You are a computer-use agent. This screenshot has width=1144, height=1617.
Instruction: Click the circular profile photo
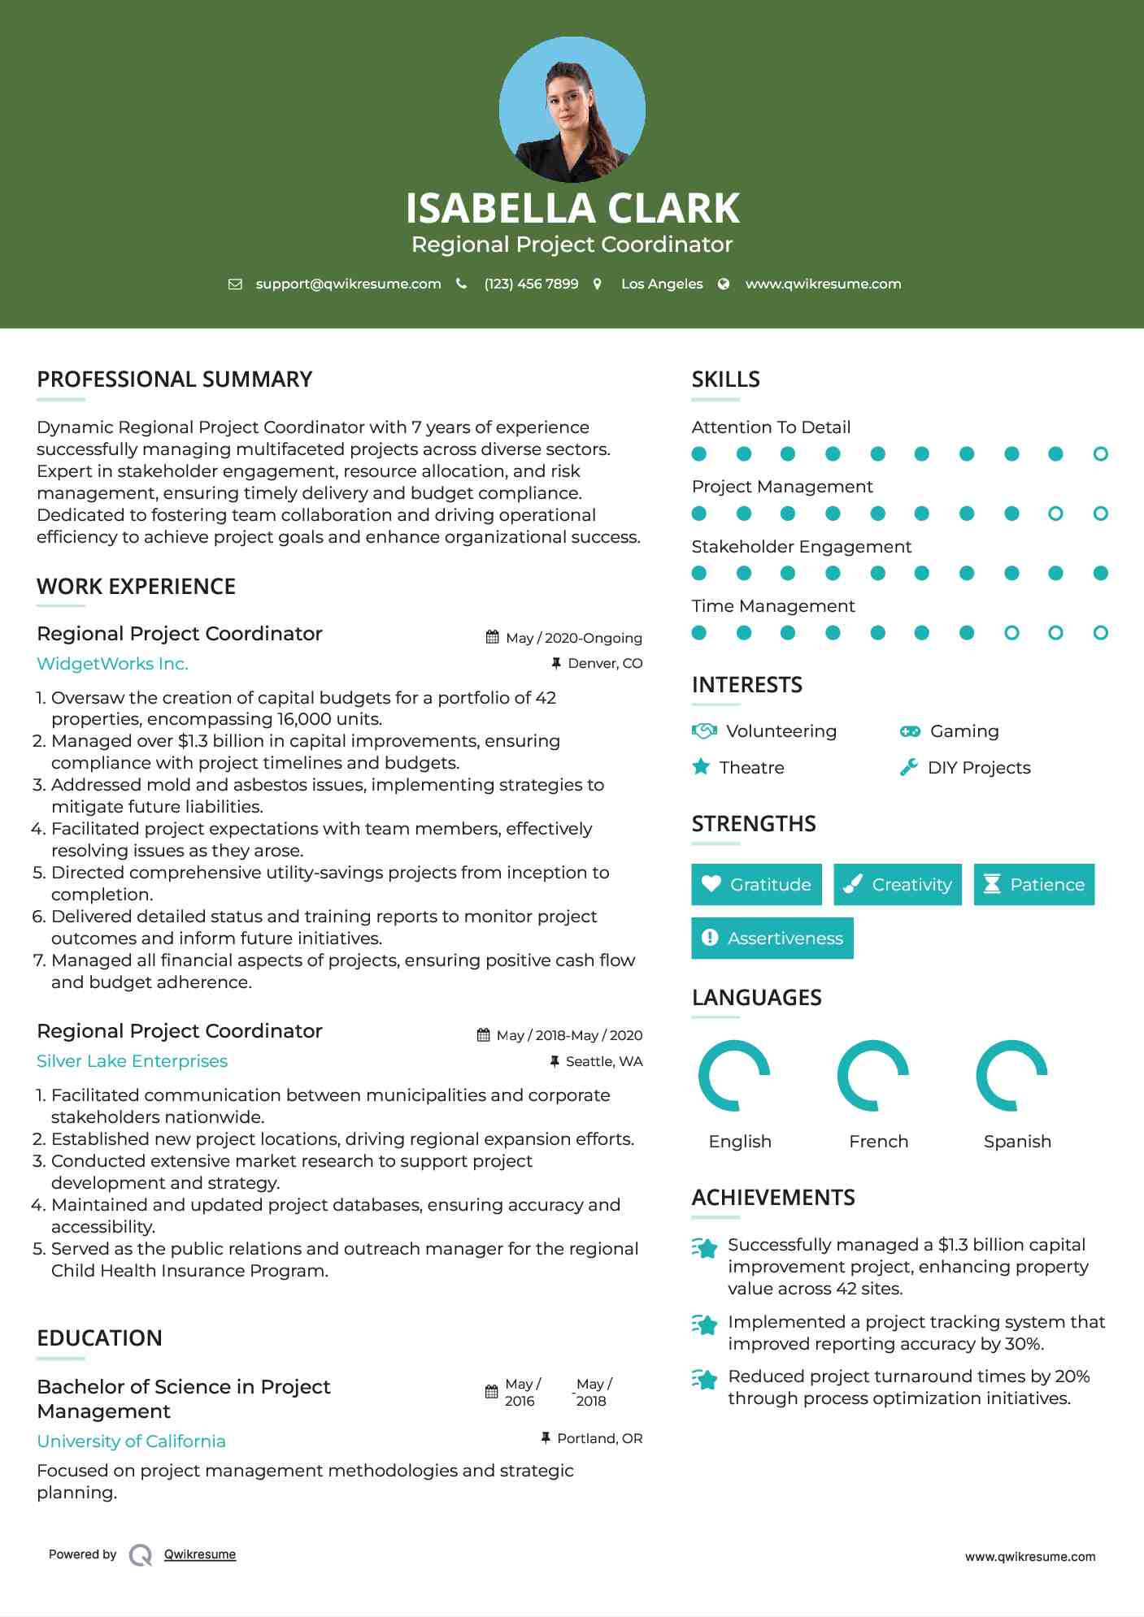572,110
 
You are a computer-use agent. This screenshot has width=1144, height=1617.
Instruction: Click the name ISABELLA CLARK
572,208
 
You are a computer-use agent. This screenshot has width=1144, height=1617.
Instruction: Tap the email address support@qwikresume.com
348,284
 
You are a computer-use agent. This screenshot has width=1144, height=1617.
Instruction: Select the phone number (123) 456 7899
531,284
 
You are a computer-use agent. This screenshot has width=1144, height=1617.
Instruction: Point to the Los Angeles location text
662,284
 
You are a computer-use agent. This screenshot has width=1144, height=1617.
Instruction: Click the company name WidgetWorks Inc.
112,664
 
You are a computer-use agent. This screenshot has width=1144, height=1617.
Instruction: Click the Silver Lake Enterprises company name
132,1061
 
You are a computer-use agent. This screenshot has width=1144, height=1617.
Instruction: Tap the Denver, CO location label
605,663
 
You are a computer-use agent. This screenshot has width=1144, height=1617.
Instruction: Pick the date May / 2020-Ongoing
573,638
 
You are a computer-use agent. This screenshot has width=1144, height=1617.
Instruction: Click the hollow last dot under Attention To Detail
1100,454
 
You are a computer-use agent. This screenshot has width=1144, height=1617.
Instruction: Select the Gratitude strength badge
756,884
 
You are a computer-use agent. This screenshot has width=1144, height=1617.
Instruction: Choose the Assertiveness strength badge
772,938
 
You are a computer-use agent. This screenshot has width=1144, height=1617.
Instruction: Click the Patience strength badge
1033,884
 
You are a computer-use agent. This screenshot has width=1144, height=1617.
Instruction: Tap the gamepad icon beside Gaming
910,731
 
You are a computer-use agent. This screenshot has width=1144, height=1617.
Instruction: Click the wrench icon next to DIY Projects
909,767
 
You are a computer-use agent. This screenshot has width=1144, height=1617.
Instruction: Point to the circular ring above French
872,1075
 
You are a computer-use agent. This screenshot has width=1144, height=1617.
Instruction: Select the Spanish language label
1017,1142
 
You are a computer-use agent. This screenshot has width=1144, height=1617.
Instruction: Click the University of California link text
131,1441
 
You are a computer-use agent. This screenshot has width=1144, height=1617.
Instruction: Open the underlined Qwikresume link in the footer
200,1554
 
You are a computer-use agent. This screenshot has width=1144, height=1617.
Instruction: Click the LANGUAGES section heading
756,998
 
